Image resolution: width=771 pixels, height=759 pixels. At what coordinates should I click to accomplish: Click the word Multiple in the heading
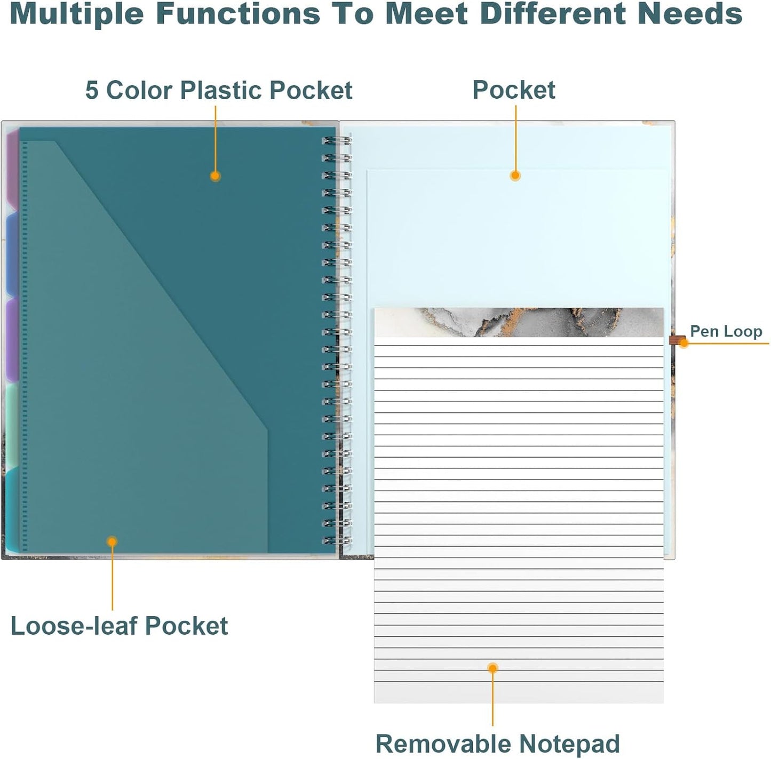[x=76, y=14]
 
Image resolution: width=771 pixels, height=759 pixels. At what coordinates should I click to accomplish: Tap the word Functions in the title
[x=239, y=14]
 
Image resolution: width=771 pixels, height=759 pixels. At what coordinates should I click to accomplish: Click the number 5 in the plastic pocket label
[x=92, y=90]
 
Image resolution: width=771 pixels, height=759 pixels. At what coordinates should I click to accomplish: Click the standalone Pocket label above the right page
[x=514, y=90]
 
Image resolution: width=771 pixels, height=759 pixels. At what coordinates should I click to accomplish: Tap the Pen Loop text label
[x=726, y=332]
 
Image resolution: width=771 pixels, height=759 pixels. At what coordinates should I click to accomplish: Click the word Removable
[x=444, y=744]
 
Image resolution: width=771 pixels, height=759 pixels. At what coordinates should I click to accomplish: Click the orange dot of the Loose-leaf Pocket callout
[x=112, y=542]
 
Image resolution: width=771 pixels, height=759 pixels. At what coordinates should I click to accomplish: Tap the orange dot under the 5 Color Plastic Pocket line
[x=215, y=175]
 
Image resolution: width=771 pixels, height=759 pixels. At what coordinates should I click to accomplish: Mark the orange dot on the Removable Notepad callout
[x=492, y=668]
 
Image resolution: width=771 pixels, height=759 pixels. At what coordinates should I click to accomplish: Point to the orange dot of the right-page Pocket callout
[x=515, y=175]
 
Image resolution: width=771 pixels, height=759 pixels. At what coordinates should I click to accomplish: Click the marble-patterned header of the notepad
[x=519, y=322]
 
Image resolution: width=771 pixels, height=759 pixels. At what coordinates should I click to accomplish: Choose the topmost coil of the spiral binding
[x=337, y=140]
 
